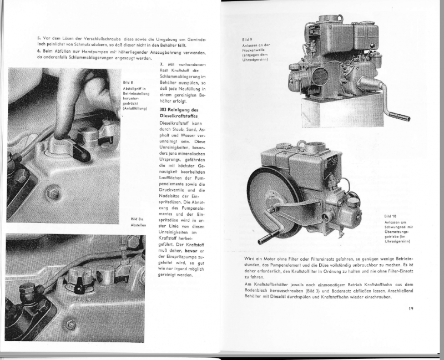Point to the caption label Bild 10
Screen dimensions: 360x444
pyautogui.click(x=390, y=216)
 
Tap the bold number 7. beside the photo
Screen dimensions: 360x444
pyautogui.click(x=162, y=65)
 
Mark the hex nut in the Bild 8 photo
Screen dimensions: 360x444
pyautogui.click(x=54, y=194)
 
